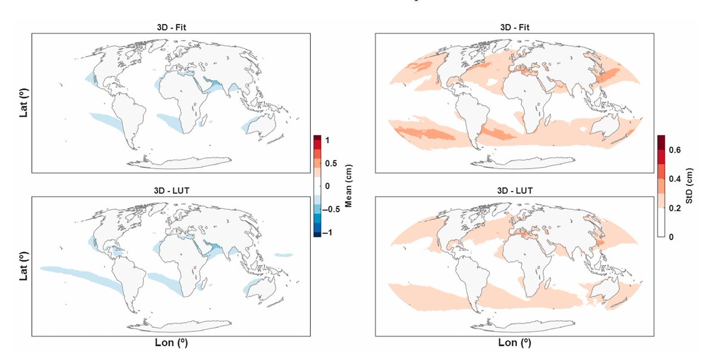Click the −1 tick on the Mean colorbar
point(330,233)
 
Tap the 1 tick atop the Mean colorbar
point(328,139)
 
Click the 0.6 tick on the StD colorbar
point(674,149)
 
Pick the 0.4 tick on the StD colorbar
point(674,178)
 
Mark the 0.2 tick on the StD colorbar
point(674,207)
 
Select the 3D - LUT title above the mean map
point(169,191)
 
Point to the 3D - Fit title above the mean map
point(169,27)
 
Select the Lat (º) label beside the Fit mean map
point(23,103)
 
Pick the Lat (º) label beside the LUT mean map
point(23,265)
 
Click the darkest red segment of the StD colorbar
point(661,142)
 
